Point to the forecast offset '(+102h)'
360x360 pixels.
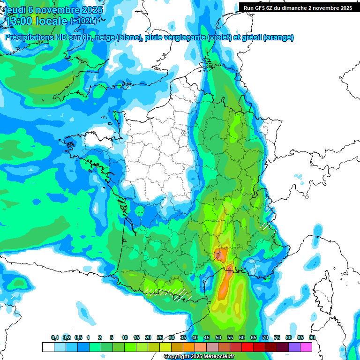click(84, 21)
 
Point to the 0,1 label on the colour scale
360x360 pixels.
click(55, 337)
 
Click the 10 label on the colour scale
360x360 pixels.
click(124, 337)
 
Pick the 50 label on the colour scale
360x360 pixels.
click(218, 337)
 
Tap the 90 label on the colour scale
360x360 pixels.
click(312, 337)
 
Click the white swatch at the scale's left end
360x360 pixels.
click(48, 347)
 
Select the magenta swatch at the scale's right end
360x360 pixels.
click(306, 347)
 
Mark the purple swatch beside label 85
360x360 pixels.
click(294, 347)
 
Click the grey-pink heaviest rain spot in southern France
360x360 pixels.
click(219, 255)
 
